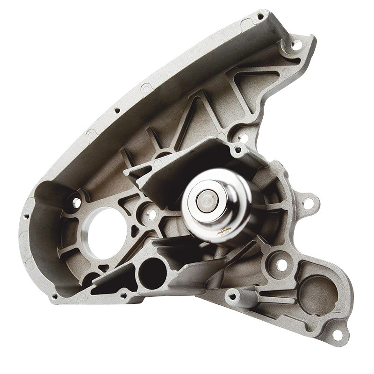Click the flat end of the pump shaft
coord(207,201)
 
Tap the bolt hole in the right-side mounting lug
coord(308,203)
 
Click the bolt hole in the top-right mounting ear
coord(296,45)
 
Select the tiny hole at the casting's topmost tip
coord(260,16)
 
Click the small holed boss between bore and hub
coord(151,214)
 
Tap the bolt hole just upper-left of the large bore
coord(76,202)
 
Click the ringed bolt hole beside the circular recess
coord(281,265)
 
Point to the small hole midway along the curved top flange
coord(117,111)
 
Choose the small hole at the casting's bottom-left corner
coord(55,296)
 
